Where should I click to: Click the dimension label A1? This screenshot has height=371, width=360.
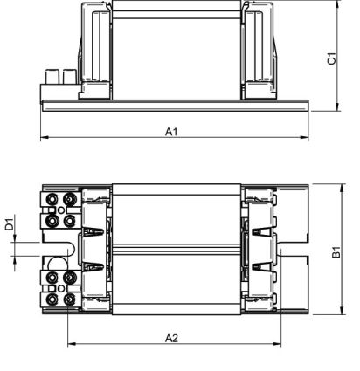click(171, 131)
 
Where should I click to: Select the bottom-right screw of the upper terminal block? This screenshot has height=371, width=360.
click(69, 221)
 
